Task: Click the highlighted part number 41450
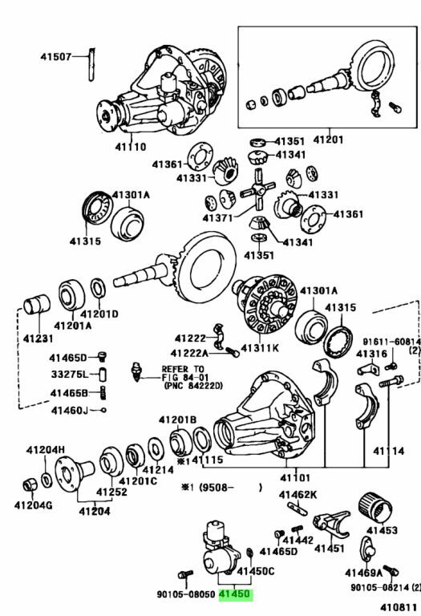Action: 234,594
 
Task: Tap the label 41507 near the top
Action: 56,57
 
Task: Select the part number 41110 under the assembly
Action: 131,147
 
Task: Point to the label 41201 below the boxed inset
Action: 328,140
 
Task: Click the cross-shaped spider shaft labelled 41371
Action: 257,191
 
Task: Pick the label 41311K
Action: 260,347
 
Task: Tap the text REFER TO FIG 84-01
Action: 183,373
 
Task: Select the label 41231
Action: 38,338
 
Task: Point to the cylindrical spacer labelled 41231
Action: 37,305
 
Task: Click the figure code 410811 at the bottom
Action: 398,609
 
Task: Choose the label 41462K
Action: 298,495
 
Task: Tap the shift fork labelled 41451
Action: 331,525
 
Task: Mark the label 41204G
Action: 33,505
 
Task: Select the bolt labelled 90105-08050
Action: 185,575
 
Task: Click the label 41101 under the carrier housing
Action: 295,478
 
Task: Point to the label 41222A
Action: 189,353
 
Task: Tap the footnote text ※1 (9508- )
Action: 221,488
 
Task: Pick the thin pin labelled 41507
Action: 91,64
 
